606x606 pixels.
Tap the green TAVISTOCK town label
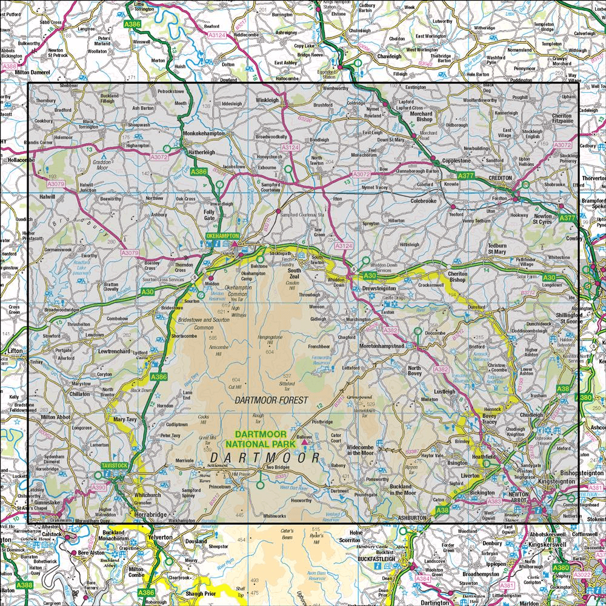115,465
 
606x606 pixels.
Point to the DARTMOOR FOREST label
271,401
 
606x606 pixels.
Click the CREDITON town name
501,178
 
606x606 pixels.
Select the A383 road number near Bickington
494,501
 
